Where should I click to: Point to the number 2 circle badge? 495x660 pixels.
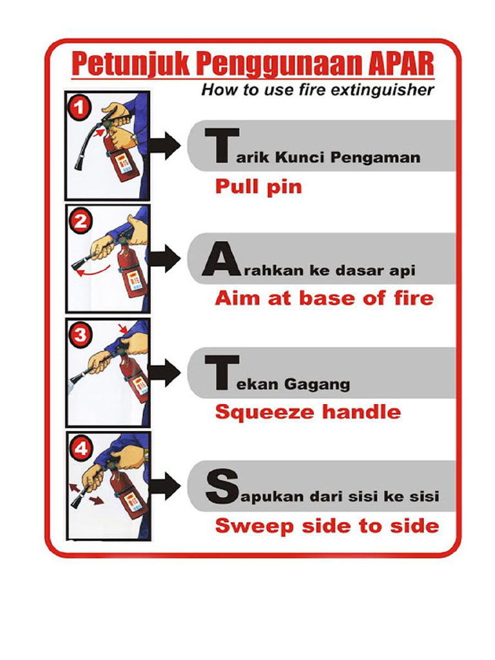click(81, 222)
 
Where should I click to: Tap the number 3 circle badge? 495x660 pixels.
click(81, 335)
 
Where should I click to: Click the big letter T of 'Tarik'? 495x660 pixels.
click(220, 145)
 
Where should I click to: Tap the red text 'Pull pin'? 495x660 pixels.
click(258, 188)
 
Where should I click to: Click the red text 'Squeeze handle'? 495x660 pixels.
click(307, 412)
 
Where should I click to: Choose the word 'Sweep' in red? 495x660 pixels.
click(245, 525)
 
